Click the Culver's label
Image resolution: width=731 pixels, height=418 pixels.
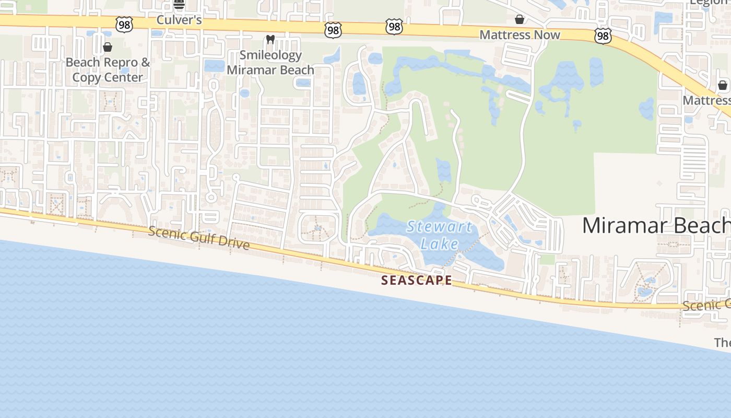point(179,20)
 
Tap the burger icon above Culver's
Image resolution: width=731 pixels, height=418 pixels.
point(179,5)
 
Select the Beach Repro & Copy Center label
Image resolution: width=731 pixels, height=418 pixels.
point(108,69)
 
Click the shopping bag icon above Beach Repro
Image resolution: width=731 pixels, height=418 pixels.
point(108,48)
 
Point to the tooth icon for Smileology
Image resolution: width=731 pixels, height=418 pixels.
point(270,39)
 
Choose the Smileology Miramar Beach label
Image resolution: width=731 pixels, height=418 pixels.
point(270,62)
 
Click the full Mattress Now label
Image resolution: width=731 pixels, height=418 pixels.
point(520,35)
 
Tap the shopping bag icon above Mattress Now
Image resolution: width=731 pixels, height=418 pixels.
point(520,20)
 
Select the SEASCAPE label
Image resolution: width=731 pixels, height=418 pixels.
point(417,280)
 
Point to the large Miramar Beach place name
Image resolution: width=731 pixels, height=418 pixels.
point(656,225)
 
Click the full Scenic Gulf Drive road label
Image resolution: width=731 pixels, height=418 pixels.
point(198,238)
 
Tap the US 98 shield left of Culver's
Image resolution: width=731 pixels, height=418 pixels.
point(124,24)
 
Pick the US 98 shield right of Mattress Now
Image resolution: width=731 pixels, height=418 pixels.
point(603,36)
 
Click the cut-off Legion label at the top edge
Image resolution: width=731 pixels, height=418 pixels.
point(709,2)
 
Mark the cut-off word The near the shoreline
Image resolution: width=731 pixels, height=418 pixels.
point(722,342)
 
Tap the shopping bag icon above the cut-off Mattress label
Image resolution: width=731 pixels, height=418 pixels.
point(723,85)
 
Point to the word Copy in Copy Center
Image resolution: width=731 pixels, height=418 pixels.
point(86,77)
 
